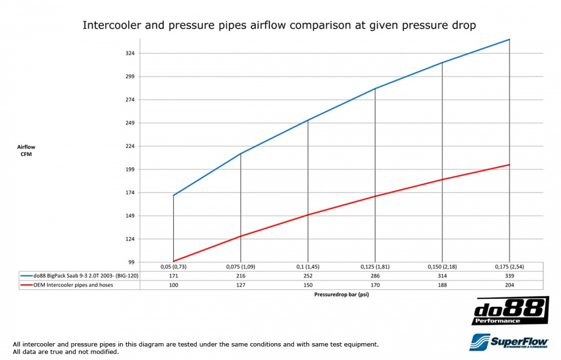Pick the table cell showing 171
coord(173,276)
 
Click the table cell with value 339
coord(509,276)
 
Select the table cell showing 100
coord(173,285)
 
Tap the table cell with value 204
coord(509,285)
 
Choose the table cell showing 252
coord(308,276)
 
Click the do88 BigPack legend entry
coord(79,276)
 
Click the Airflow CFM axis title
coord(26,150)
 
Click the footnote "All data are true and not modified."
coord(65,352)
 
